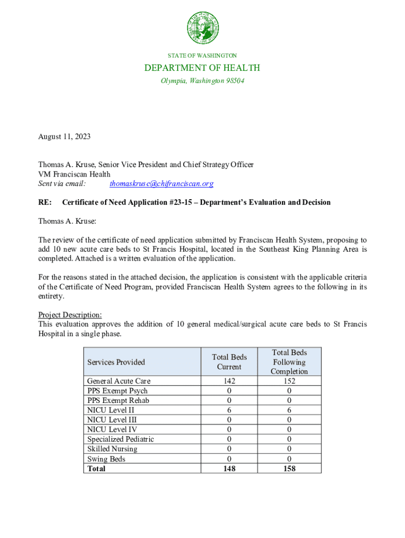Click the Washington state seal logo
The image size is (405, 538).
[202, 28]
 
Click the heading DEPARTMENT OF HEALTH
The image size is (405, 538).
[202, 68]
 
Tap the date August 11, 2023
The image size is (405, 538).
[64, 137]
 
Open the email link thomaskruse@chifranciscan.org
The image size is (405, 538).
[161, 184]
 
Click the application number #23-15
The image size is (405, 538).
[183, 203]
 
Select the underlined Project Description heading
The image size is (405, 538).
[70, 315]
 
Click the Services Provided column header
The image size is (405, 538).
[116, 362]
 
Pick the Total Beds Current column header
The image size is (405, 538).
[229, 362]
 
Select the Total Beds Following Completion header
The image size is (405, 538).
[289, 362]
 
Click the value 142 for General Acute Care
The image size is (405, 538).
[229, 381]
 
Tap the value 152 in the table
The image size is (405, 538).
[289, 381]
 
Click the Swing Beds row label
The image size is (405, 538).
[103, 459]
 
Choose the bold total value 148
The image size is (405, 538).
[229, 469]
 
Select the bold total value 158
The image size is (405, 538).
[289, 469]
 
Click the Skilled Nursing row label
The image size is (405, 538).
[112, 449]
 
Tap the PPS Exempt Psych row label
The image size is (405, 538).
[117, 391]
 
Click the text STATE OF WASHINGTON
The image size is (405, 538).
[202, 56]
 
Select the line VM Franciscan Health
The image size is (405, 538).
[74, 174]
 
